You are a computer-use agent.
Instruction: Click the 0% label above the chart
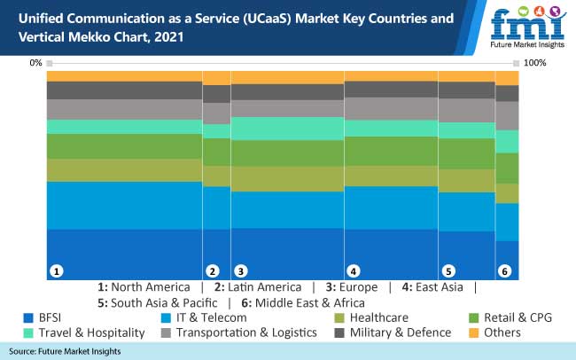[x=35, y=63]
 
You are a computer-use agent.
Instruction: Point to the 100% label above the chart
[x=535, y=63]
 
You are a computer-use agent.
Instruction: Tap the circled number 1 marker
[x=56, y=270]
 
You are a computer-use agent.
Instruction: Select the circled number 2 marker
[x=212, y=270]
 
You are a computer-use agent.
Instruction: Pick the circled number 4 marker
[x=353, y=270]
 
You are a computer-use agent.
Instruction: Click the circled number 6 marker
[x=505, y=270]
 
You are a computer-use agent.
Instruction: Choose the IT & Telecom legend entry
[x=207, y=317]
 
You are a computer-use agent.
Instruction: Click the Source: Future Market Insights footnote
[x=65, y=352]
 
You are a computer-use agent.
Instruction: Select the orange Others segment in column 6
[x=507, y=78]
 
